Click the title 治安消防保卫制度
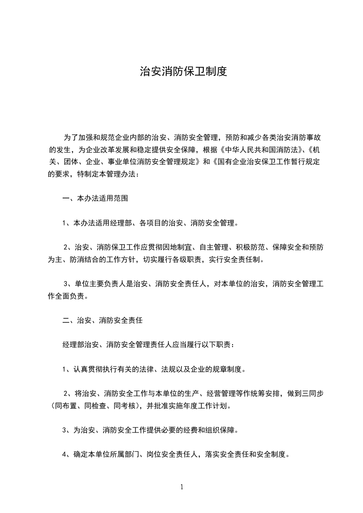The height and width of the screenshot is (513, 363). [x=183, y=72]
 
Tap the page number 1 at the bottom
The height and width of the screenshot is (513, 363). [x=182, y=487]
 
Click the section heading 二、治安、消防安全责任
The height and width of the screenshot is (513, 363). [x=103, y=321]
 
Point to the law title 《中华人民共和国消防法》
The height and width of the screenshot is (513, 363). [x=256, y=150]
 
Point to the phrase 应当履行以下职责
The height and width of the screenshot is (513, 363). [x=206, y=345]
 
